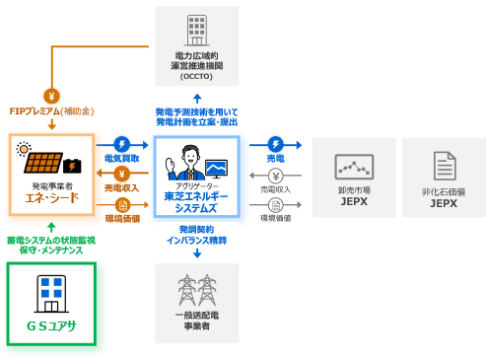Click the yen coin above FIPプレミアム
51,95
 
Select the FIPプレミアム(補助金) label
50,111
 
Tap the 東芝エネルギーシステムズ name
197,202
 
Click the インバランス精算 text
196,240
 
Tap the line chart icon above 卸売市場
354,165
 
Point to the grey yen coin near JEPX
276,176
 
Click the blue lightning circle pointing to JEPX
277,144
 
